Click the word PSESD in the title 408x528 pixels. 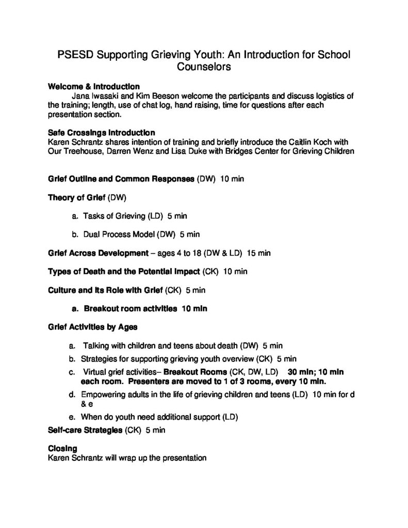tap(74, 55)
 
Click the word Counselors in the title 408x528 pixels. tap(204, 67)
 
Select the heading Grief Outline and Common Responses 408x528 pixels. tap(121, 179)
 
